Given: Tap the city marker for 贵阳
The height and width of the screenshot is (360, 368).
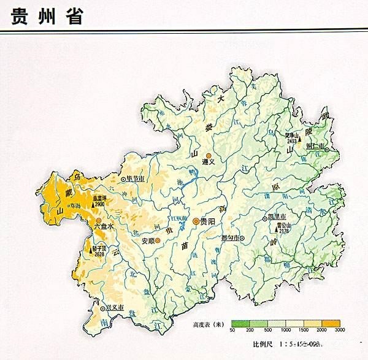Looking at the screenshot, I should coord(196,221).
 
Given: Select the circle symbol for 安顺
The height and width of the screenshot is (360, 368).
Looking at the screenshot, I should coord(158,241).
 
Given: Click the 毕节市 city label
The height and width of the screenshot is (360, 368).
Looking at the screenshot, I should coord(135,179).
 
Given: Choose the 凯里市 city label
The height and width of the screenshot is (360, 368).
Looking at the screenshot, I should coord(277,217).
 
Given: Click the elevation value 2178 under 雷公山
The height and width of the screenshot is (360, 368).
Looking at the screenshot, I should coord(283,231).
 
